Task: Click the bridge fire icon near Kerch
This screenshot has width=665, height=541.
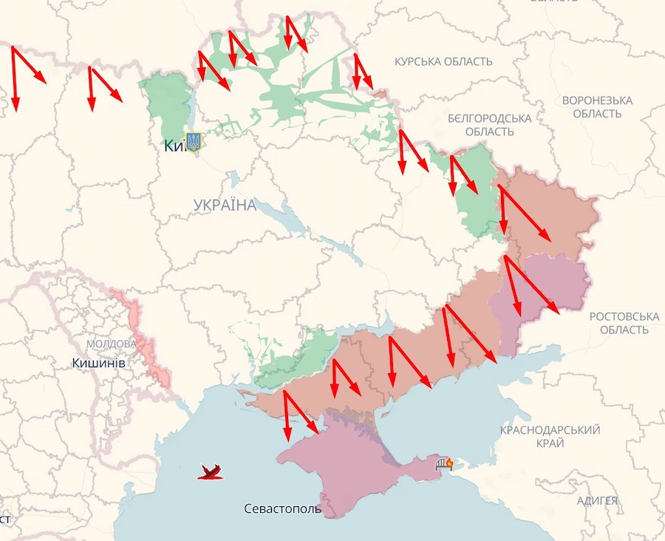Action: point(445,463)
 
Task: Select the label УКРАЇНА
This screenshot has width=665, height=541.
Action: point(225,205)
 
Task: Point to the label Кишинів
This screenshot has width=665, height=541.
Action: point(99,364)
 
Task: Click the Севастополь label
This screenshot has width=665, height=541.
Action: point(283,509)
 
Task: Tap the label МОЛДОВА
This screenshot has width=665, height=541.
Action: point(112,344)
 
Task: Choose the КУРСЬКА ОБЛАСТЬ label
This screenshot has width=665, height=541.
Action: point(443,62)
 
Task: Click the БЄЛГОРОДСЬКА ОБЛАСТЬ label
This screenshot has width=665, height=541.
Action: point(490,125)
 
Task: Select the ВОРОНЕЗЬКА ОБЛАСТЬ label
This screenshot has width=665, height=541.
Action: point(597,106)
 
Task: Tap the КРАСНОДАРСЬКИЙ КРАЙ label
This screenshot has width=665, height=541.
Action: point(550,436)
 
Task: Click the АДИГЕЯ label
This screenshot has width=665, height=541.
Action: point(597,501)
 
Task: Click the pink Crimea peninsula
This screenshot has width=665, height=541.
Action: point(340,462)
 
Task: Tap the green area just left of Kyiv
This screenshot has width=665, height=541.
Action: point(167,103)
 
